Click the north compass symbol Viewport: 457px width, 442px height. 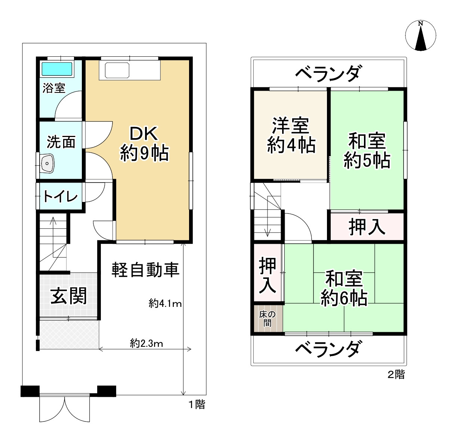[x=421, y=35]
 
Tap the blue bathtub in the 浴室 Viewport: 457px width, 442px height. [x=57, y=69]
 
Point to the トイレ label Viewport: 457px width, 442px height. [x=61, y=196]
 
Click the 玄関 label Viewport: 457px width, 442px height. [x=69, y=296]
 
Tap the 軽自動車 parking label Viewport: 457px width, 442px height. [x=145, y=270]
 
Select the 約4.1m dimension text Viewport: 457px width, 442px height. [x=165, y=304]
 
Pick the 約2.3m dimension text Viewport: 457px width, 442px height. [x=146, y=343]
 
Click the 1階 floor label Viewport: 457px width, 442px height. [x=196, y=404]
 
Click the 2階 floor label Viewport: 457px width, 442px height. [x=396, y=374]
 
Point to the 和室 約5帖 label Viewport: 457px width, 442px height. [x=367, y=151]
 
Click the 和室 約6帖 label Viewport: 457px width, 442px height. [x=344, y=288]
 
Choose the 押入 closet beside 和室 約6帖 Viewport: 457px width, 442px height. [x=268, y=274]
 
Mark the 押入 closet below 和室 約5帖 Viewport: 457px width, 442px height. [x=367, y=227]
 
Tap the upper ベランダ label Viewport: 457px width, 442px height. [x=328, y=73]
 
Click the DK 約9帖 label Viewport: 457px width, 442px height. [x=144, y=144]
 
